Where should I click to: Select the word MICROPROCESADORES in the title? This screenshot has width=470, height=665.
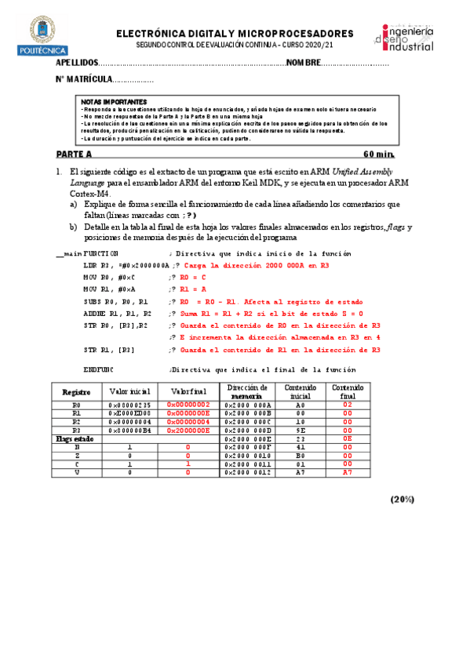pyautogui.click(x=295, y=34)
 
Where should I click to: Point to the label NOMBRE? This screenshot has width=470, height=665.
pyautogui.click(x=303, y=62)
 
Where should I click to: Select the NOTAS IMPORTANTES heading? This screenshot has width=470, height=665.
pyautogui.click(x=114, y=102)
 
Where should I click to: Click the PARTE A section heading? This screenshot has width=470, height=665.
pyautogui.click(x=74, y=154)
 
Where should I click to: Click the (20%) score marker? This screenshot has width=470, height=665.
pyautogui.click(x=403, y=499)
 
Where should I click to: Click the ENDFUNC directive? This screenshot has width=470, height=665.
pyautogui.click(x=98, y=369)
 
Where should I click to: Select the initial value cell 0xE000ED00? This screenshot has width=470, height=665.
pyautogui.click(x=129, y=413)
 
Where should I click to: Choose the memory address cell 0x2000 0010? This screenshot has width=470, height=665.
pyautogui.click(x=247, y=454)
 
